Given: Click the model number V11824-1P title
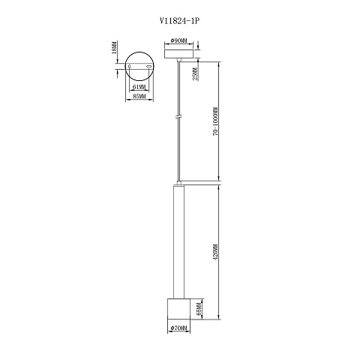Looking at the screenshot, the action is click(180, 21).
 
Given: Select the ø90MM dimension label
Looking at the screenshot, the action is click(178, 40).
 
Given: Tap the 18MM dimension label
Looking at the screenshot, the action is click(114, 47).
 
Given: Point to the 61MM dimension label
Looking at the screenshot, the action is click(139, 87).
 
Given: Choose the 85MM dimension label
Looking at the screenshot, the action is click(139, 96).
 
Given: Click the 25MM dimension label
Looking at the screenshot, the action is click(196, 74).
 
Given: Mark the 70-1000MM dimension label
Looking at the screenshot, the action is click(215, 121).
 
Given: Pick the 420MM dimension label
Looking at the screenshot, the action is click(215, 253).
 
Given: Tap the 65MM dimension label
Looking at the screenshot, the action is click(199, 309).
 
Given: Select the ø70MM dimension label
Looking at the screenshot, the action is click(178, 328).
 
